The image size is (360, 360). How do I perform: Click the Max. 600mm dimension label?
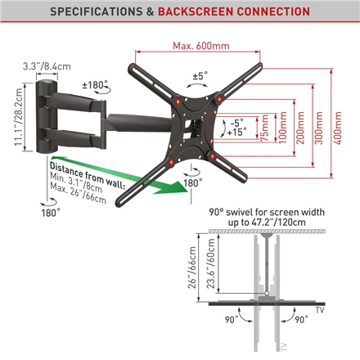(201, 46)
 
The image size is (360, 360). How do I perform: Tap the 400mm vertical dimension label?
(338, 128)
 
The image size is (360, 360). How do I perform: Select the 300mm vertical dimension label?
(319, 128)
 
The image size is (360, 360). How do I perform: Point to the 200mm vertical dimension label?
(300, 128)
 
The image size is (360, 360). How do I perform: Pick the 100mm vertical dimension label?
(282, 128)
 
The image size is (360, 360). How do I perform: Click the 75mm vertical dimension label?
(264, 128)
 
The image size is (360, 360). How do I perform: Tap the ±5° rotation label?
(200, 76)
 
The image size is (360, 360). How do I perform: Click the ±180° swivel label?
(95, 85)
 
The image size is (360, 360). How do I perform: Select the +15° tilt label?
(236, 133)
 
